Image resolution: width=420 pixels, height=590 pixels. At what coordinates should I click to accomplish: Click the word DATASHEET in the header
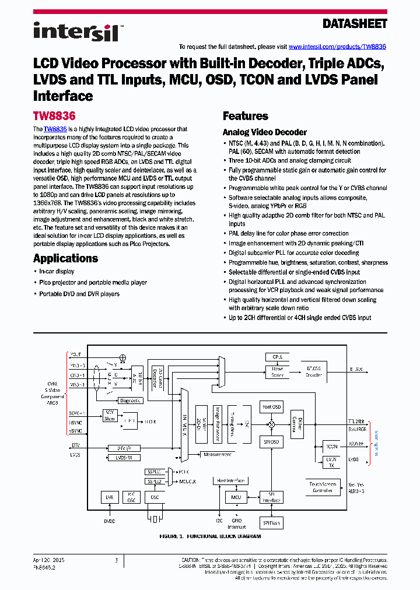(355, 24)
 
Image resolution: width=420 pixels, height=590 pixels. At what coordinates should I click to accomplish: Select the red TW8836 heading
(54, 116)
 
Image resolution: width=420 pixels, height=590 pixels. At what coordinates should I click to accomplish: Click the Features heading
(246, 116)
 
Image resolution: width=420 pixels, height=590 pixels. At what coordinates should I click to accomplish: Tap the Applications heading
(65, 258)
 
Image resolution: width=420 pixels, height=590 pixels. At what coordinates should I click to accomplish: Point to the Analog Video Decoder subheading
(265, 132)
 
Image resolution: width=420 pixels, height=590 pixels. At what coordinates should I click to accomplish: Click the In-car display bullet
(57, 272)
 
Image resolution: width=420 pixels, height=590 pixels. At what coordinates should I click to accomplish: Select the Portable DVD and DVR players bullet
(79, 294)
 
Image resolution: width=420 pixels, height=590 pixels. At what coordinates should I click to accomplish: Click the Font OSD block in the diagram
(271, 407)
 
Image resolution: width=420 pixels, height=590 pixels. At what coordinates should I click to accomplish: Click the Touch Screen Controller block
(323, 487)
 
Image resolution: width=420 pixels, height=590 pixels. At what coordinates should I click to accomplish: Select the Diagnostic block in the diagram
(130, 401)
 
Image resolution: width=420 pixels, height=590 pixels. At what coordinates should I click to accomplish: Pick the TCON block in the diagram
(331, 447)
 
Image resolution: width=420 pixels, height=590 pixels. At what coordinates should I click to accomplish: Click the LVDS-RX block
(124, 458)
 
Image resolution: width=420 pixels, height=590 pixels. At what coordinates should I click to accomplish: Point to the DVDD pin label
(110, 521)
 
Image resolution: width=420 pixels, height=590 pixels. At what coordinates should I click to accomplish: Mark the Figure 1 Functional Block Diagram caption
(210, 535)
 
